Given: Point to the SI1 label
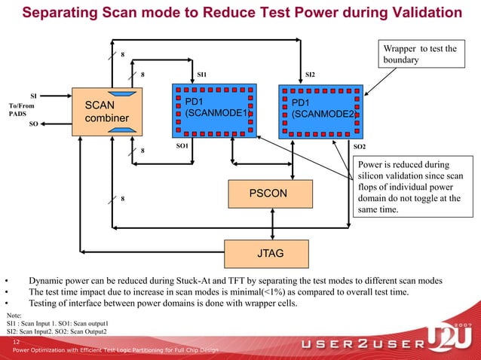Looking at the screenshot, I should point(201,75).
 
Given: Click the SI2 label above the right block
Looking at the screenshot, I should point(310,75).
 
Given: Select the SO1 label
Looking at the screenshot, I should point(182,145).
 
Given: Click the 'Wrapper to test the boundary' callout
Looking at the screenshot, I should point(420,55).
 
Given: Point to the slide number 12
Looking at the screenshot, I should point(16,342).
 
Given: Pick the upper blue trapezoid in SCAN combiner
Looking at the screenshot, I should point(121,93).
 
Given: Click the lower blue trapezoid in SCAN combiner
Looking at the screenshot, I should point(121,130).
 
